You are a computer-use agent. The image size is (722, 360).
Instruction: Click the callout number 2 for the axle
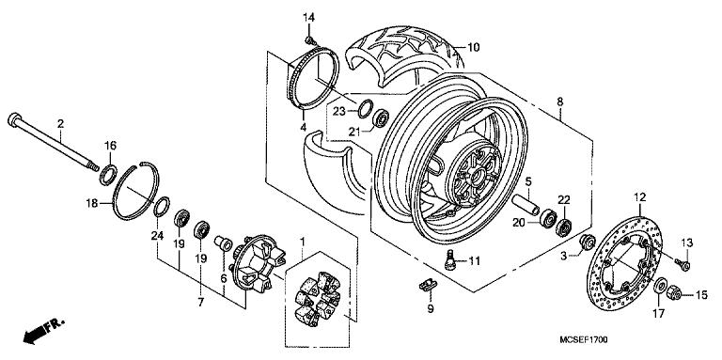(59, 124)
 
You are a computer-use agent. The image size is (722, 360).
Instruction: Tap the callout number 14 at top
(309, 18)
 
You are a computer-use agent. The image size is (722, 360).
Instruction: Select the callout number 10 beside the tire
(474, 46)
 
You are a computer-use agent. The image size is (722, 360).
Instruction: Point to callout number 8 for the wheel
(560, 101)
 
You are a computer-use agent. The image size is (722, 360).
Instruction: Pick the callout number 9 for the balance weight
(430, 307)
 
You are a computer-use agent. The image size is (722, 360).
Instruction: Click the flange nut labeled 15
(675, 296)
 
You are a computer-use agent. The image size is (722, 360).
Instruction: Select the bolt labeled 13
(683, 265)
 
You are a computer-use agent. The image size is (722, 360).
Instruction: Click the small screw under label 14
(309, 39)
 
